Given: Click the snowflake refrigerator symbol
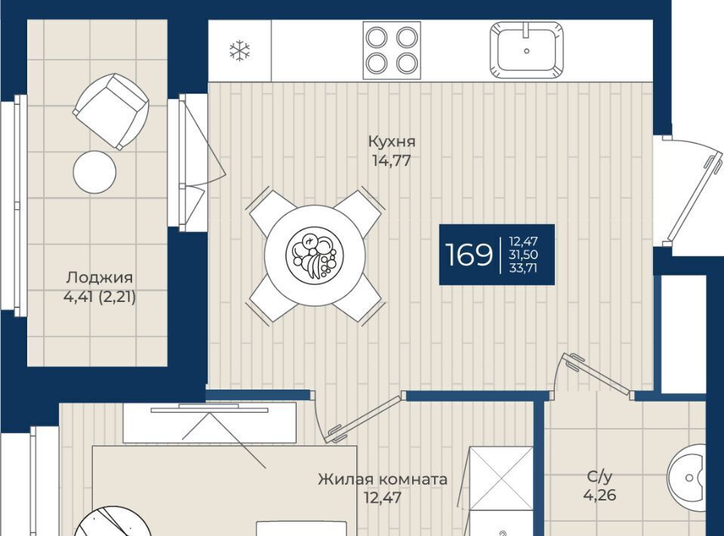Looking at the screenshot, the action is [239, 51].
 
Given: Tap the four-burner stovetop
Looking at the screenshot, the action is [392, 51].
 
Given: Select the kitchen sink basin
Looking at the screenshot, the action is [526, 51].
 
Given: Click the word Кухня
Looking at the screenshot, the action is [392, 141].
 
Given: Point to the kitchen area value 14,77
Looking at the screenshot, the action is [392, 161].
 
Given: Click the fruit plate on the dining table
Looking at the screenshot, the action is [315, 254].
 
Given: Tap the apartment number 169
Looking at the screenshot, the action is [469, 254].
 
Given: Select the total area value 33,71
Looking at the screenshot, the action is [523, 268].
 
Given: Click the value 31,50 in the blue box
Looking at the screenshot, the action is [523, 254].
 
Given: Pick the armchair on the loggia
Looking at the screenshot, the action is [111, 111].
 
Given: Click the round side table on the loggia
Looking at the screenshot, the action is [94, 172].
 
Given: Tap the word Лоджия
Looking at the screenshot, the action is [99, 278].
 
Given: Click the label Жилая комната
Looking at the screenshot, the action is [382, 479].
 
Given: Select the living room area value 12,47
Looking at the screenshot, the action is [382, 498].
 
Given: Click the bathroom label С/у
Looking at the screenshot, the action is [600, 476].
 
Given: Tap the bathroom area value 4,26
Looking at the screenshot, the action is [599, 495].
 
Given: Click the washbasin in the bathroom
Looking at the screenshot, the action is [687, 479].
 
